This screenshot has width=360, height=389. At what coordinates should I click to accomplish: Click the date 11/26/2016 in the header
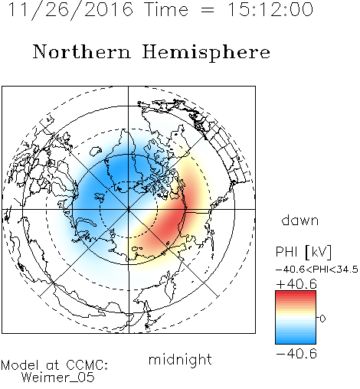[70, 10]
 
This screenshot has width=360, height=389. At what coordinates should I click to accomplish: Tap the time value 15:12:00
[270, 10]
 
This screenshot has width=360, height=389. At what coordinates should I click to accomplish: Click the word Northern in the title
[82, 51]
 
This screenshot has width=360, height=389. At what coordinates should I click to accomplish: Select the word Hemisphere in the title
[206, 53]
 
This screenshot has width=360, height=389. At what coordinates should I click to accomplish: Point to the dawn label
[300, 220]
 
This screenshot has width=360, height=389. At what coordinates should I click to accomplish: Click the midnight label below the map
[180, 359]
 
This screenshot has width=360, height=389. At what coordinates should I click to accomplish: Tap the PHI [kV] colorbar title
[303, 252]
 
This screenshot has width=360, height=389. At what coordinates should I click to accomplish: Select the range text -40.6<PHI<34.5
[317, 270]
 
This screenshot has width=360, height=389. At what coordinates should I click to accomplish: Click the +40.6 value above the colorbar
[296, 284]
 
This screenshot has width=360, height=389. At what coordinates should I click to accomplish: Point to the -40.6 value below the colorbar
[296, 354]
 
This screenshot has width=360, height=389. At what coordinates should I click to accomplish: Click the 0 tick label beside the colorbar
[322, 319]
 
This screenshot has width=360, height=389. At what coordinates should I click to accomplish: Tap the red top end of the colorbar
[296, 293]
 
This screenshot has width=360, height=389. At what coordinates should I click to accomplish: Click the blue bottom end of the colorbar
[296, 341]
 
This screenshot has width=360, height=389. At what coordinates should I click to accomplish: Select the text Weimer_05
[57, 377]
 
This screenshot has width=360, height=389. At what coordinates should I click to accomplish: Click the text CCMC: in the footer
[87, 365]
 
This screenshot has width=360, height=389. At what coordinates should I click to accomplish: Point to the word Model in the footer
[20, 365]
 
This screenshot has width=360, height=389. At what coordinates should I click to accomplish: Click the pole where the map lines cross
[128, 209]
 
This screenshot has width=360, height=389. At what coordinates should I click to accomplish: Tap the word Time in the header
[166, 10]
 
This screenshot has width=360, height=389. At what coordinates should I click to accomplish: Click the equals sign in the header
[208, 11]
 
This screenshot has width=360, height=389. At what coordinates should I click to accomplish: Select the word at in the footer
[53, 365]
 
